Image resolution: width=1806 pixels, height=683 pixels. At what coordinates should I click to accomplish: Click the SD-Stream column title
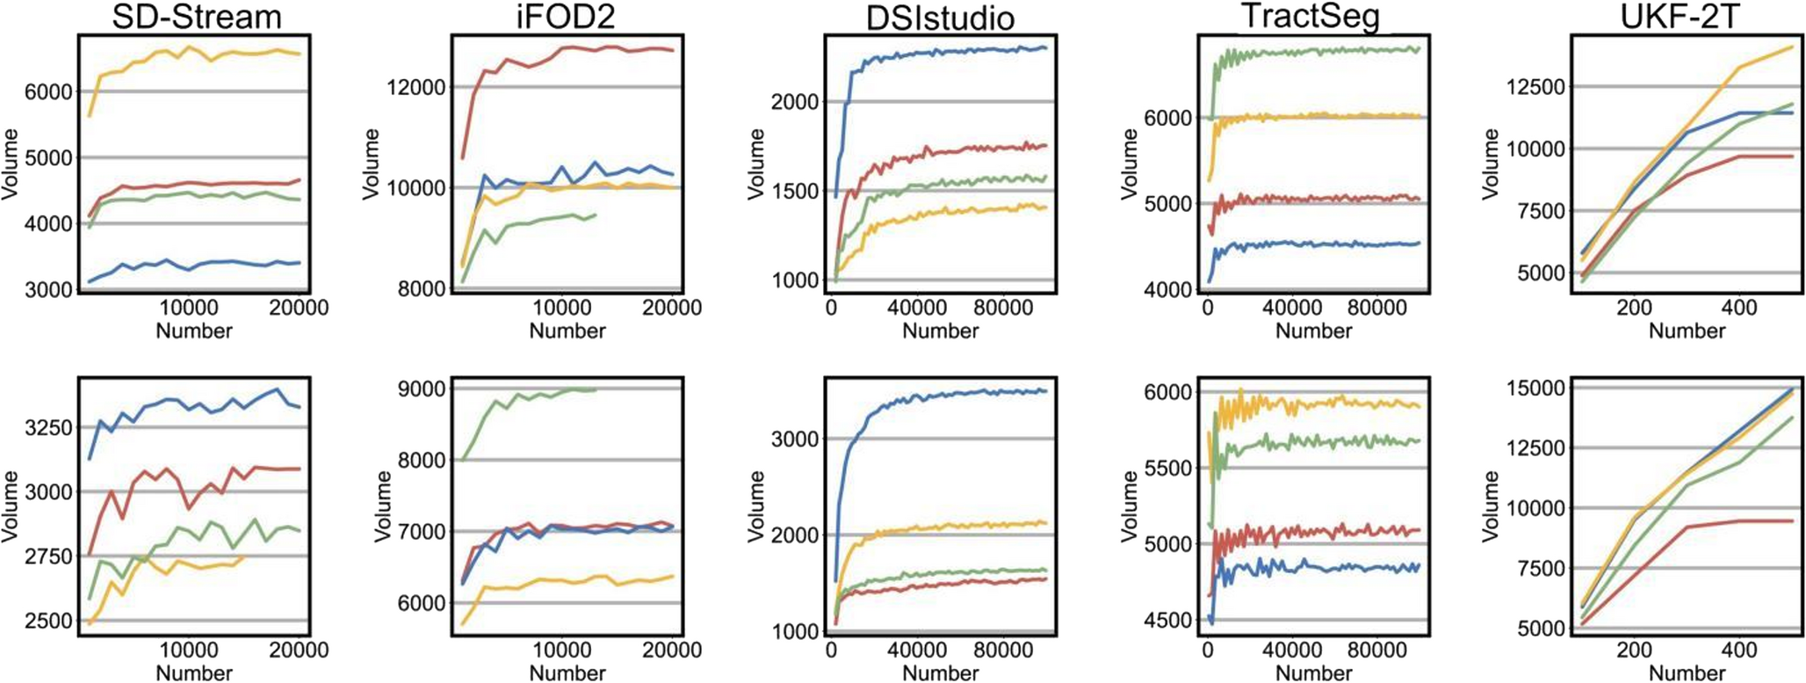click(x=196, y=17)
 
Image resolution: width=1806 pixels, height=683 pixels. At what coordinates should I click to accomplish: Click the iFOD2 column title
click(x=567, y=17)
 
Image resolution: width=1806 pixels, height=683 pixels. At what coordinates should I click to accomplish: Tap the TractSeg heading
click(x=1314, y=17)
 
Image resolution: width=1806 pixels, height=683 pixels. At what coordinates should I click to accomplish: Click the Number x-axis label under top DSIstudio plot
click(x=940, y=331)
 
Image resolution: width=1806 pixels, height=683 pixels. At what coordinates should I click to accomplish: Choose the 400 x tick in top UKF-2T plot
click(x=1739, y=308)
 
